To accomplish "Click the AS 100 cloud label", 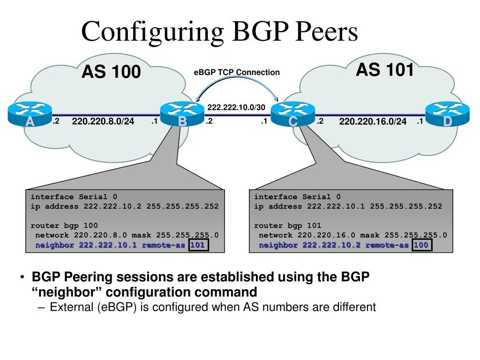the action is coord(111,72).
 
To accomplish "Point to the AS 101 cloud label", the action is coord(385,70).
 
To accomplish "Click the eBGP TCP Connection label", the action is coord(236,72).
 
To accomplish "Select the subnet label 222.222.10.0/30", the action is coord(236,107).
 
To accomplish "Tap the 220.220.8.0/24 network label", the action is coord(103,122).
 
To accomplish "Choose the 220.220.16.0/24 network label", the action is coord(373,122).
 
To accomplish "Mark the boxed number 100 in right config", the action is coord(421,245).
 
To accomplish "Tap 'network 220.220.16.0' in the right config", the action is coord(307,235).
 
